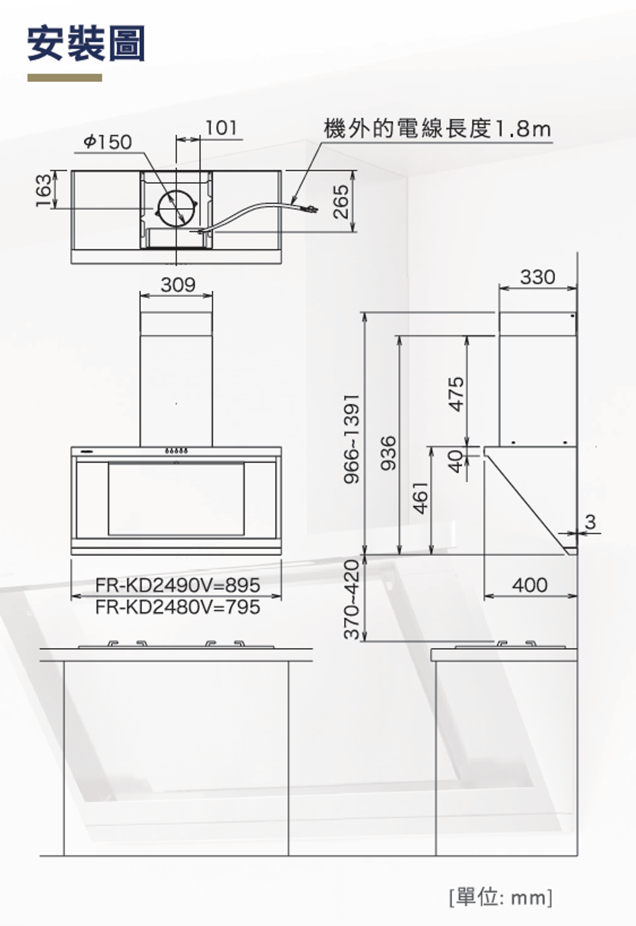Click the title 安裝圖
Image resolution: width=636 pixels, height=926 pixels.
click(x=86, y=43)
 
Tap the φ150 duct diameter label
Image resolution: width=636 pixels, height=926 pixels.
click(x=107, y=142)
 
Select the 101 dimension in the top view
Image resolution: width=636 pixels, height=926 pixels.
click(x=221, y=128)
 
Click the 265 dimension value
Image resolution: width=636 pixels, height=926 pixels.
click(x=341, y=201)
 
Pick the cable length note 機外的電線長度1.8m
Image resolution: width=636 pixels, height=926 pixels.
click(x=438, y=128)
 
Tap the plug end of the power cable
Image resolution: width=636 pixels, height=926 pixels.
click(x=311, y=209)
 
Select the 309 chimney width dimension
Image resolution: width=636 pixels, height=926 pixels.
click(x=178, y=284)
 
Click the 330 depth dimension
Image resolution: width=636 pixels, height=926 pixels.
click(x=537, y=277)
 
